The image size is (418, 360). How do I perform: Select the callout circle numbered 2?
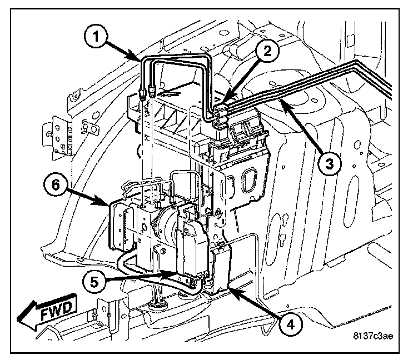[x=267, y=52]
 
